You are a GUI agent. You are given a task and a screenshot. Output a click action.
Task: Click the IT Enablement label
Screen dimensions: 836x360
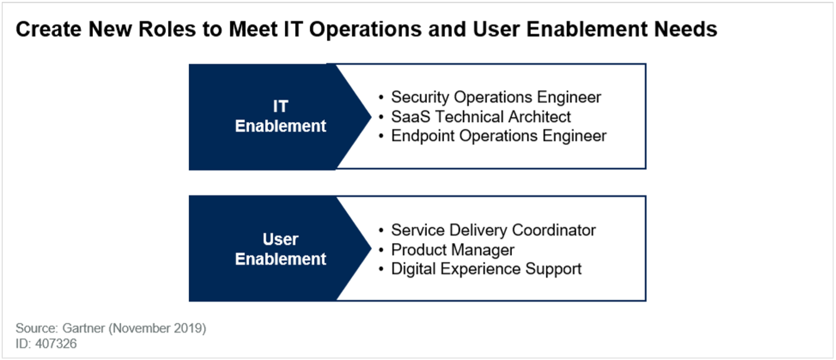pyautogui.click(x=280, y=116)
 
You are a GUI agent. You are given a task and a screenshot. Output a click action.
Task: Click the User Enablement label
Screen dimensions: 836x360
pyautogui.click(x=280, y=249)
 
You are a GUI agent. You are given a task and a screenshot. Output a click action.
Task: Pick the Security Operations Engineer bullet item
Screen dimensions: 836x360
pyautogui.click(x=496, y=97)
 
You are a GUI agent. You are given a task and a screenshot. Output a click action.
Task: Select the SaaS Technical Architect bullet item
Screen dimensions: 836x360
pyautogui.click(x=481, y=117)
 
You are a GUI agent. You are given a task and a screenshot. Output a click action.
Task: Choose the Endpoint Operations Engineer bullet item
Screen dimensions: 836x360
pyautogui.click(x=499, y=136)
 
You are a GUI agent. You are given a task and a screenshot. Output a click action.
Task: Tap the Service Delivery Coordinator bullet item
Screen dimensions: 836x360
pyautogui.click(x=493, y=230)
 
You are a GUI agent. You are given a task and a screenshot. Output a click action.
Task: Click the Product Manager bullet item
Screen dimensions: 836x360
pyautogui.click(x=452, y=250)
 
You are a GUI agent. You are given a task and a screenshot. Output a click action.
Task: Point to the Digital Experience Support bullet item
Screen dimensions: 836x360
pyautogui.click(x=486, y=269)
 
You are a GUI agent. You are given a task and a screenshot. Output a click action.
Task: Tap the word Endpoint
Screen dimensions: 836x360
pyautogui.click(x=423, y=136)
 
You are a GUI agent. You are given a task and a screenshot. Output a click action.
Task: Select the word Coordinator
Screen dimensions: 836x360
pyautogui.click(x=554, y=230)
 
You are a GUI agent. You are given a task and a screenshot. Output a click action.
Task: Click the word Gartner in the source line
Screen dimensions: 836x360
pyautogui.click(x=83, y=328)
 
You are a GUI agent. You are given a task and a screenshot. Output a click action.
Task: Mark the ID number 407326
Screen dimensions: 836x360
pyautogui.click(x=56, y=343)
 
